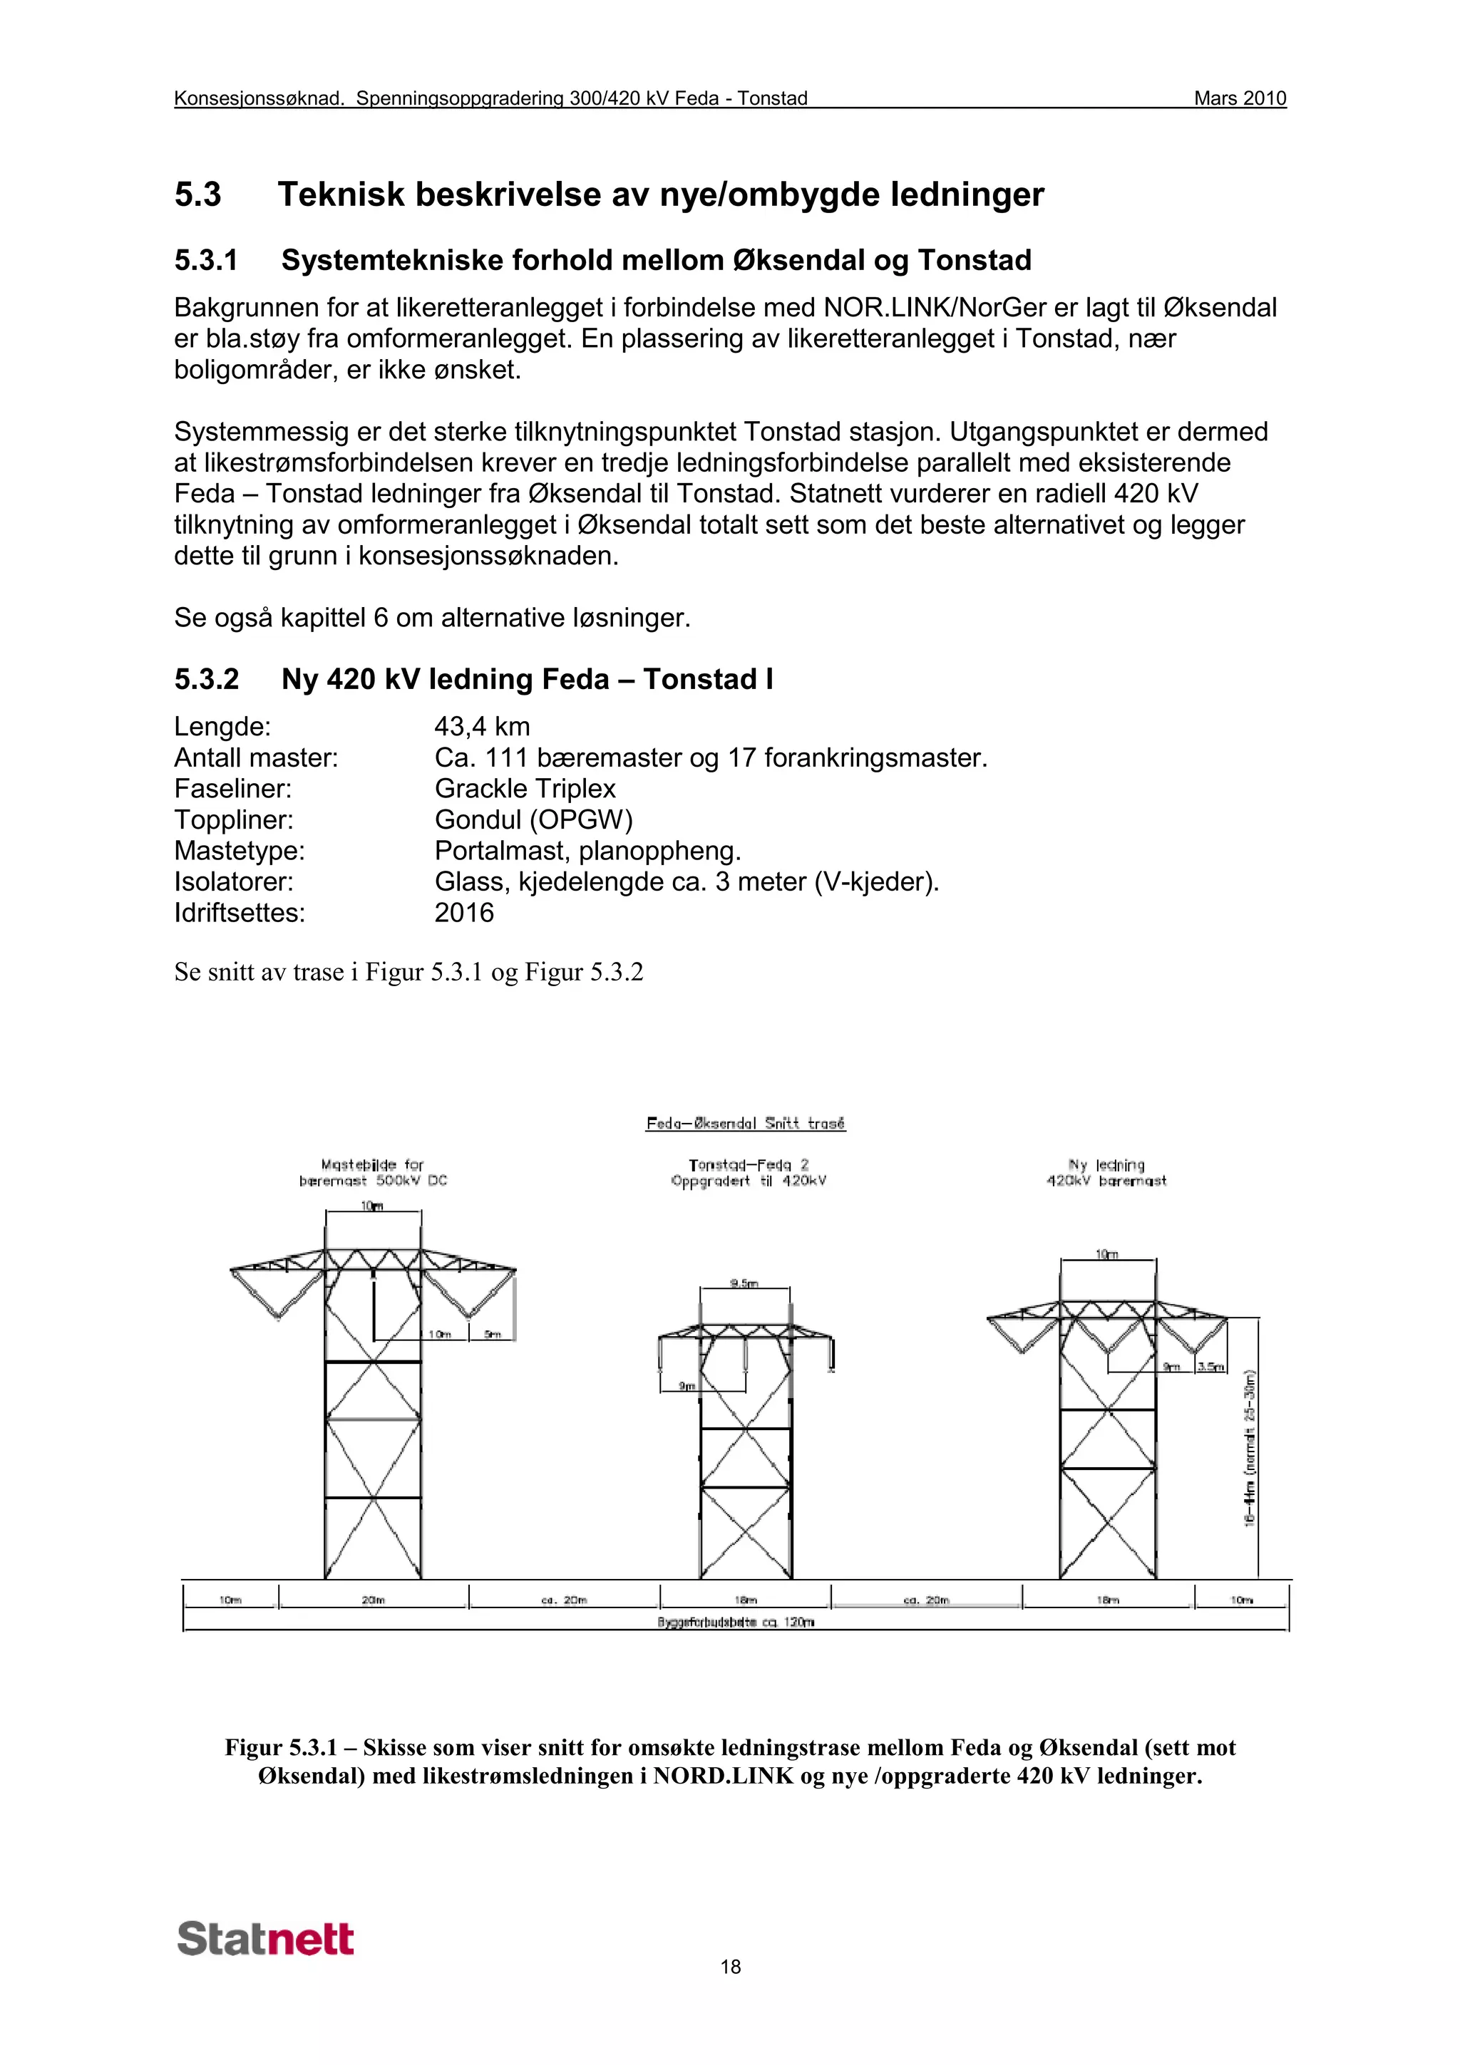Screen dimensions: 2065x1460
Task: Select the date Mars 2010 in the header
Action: point(1239,98)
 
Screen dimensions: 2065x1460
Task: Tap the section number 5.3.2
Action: point(206,679)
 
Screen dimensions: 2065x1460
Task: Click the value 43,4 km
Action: point(482,727)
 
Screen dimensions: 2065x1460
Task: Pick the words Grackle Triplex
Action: point(525,789)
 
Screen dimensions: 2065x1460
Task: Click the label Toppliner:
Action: point(233,819)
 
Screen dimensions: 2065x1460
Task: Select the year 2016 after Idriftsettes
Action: point(464,913)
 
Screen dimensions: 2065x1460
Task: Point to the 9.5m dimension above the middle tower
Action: point(744,1283)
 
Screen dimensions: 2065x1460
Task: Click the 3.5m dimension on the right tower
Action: point(1210,1367)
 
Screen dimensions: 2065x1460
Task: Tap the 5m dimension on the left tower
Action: point(492,1334)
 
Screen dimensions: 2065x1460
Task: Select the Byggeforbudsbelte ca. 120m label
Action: point(736,1622)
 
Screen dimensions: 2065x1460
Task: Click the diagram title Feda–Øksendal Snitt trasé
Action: point(746,1123)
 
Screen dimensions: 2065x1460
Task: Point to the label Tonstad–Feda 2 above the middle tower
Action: point(749,1165)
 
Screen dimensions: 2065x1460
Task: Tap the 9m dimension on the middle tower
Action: point(687,1386)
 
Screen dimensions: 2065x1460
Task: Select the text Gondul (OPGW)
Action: point(533,819)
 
